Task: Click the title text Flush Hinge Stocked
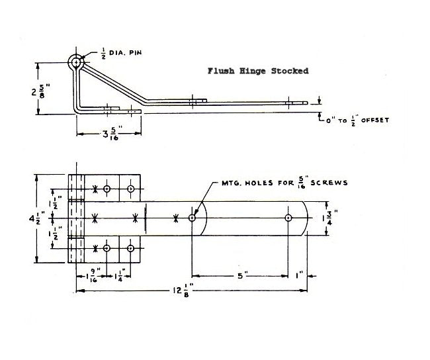[x=258, y=71]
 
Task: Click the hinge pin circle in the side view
[x=77, y=63]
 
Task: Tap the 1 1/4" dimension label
[x=121, y=273]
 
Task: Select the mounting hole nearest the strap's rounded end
[x=288, y=218]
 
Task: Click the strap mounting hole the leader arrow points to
[x=192, y=218]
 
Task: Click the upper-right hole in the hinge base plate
[x=131, y=189]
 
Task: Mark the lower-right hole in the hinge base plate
[x=131, y=248]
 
